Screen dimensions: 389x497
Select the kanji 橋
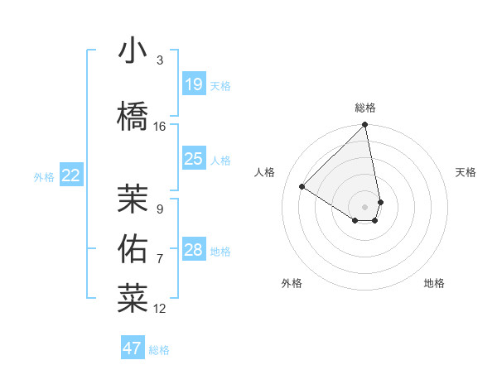tap(133, 117)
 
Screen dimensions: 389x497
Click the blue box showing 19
tap(193, 84)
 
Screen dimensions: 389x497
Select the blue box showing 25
tap(193, 159)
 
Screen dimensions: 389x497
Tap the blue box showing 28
tap(193, 250)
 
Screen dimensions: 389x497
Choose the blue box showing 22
tap(71, 175)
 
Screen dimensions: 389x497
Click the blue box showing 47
tap(133, 348)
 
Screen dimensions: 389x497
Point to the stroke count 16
tap(160, 127)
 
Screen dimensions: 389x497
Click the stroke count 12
tap(160, 309)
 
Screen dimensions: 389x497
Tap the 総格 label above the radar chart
tap(365, 108)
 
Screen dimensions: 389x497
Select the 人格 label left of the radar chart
tap(265, 172)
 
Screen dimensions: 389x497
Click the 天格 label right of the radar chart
tap(466, 172)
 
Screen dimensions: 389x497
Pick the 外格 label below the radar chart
tap(292, 283)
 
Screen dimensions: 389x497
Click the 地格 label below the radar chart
tap(434, 283)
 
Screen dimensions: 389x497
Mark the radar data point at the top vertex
tap(365, 125)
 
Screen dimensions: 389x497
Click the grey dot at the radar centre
tap(365, 206)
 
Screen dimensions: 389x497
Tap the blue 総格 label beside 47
tap(159, 350)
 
